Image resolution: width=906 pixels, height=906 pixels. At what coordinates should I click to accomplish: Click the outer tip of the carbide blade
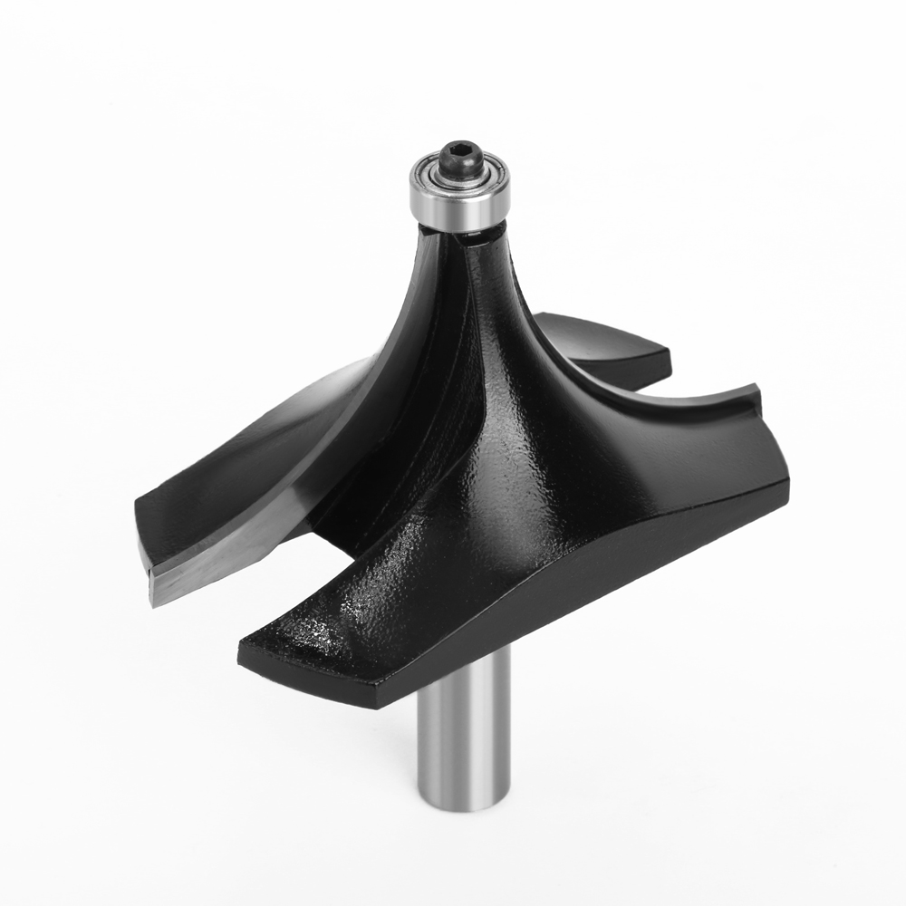click(156, 593)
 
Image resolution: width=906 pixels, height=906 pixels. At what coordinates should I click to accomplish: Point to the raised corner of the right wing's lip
click(754, 391)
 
